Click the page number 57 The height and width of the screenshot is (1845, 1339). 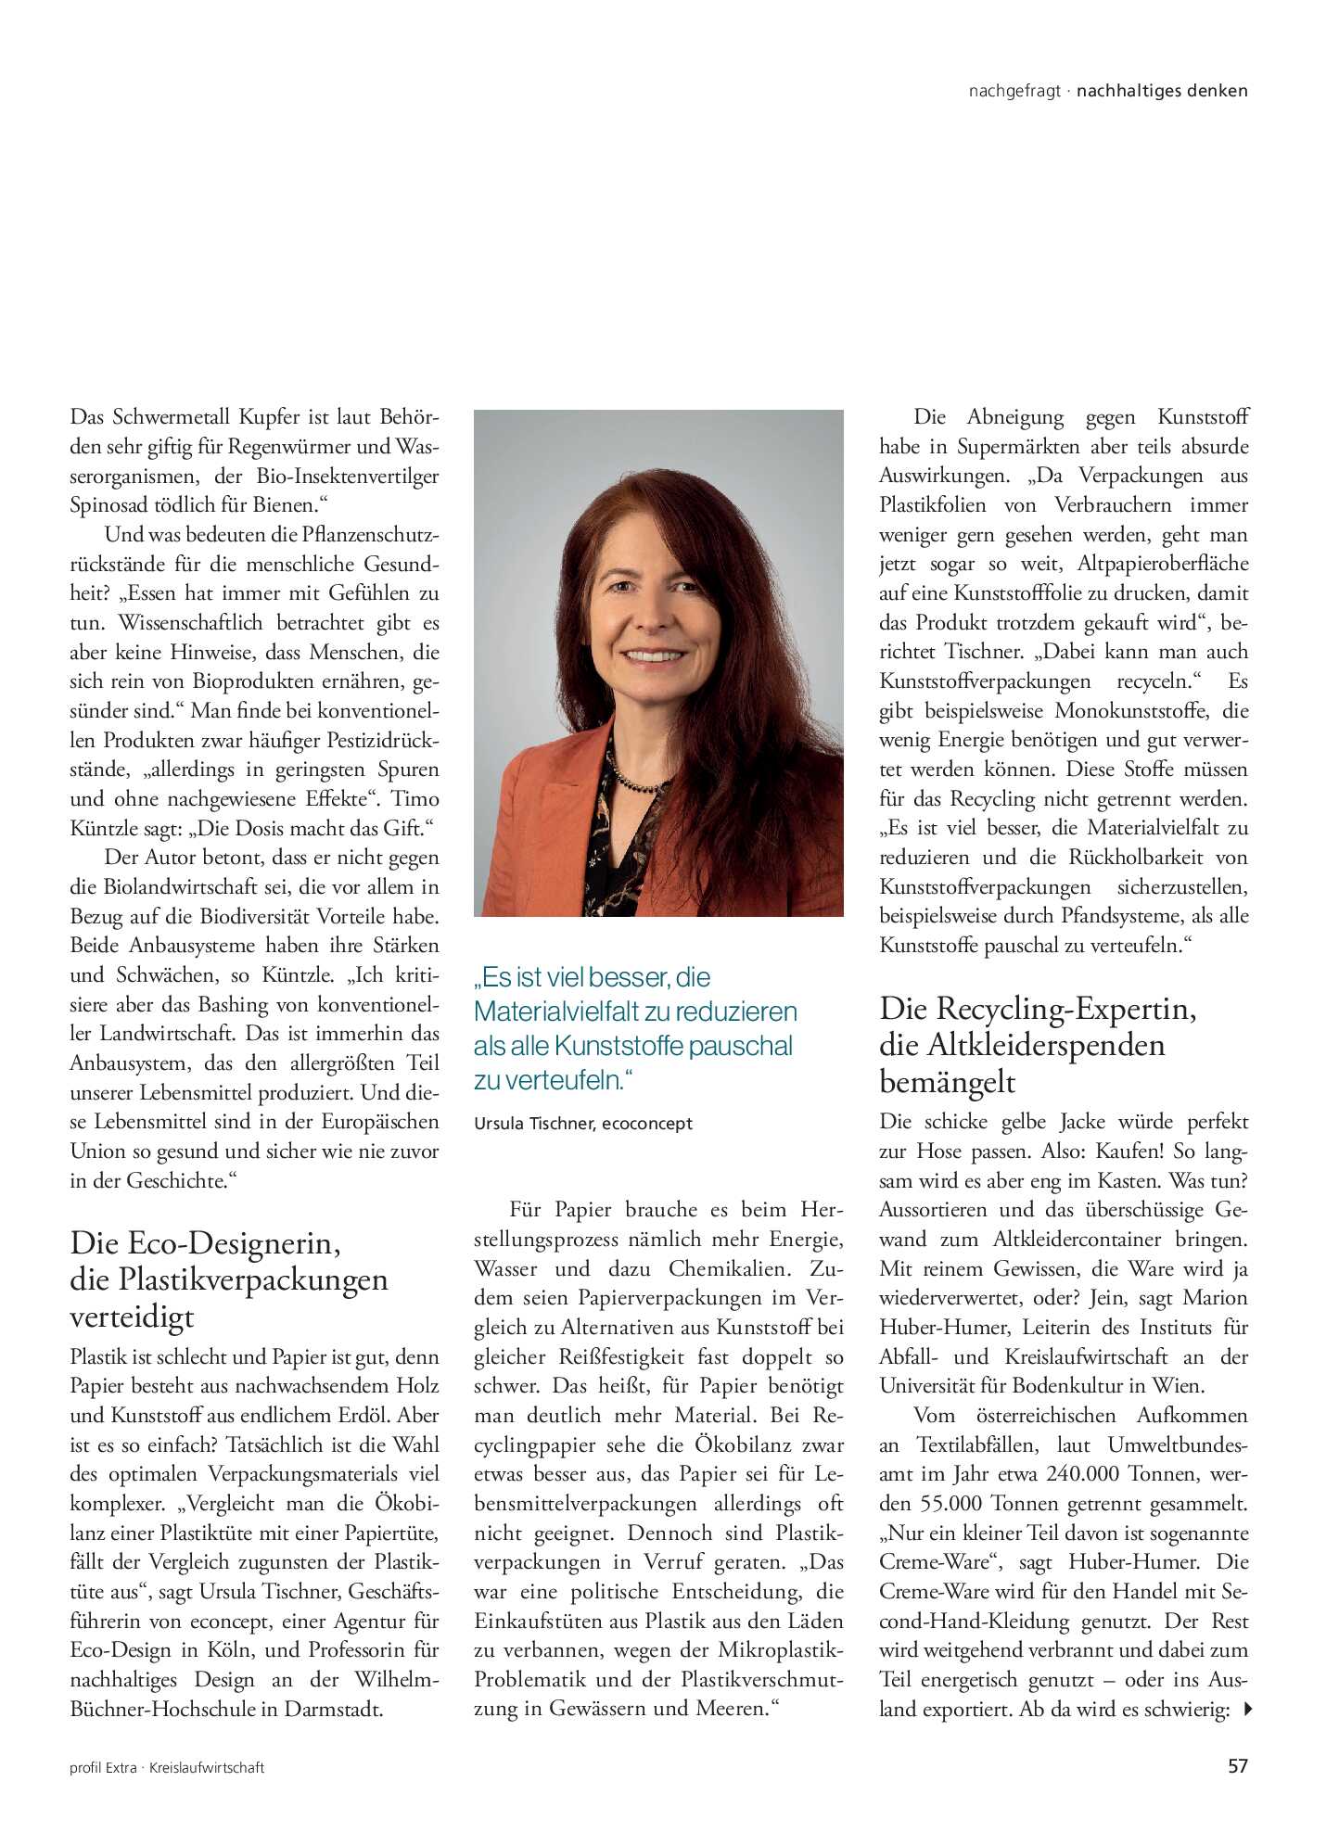click(x=1237, y=1766)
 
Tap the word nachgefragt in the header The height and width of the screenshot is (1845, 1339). click(x=1014, y=91)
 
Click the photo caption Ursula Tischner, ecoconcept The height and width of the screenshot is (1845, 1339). click(x=582, y=1124)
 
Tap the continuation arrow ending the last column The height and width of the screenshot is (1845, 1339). click(x=1247, y=1709)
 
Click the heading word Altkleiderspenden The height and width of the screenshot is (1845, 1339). click(x=1046, y=1046)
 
